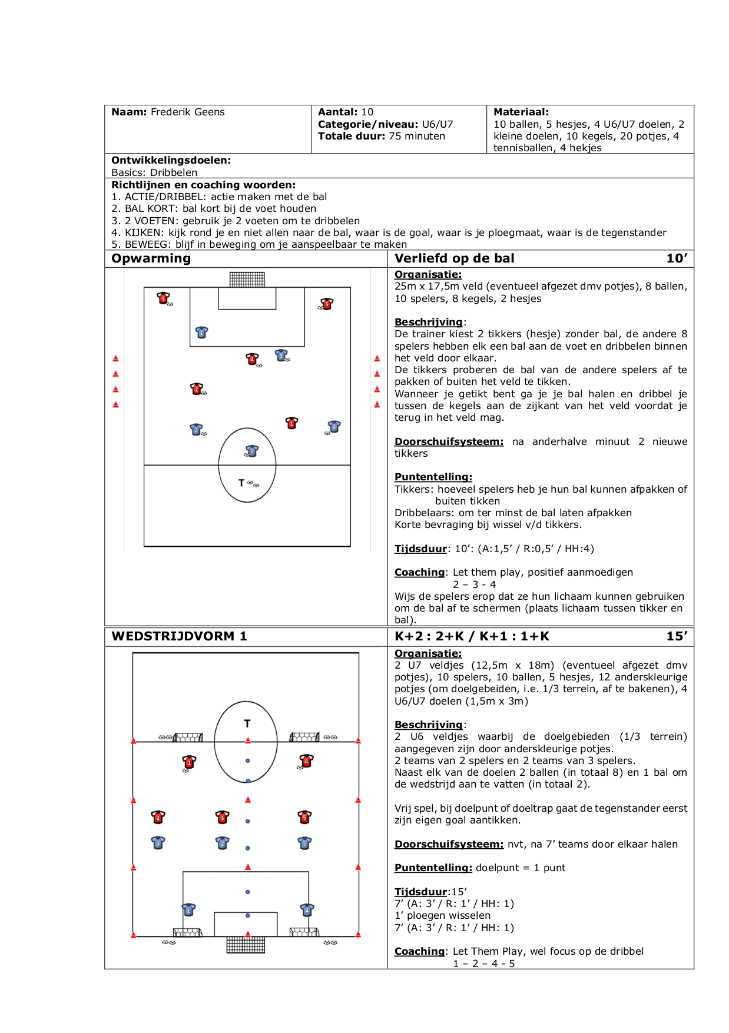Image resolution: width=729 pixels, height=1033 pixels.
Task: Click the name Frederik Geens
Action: point(187,112)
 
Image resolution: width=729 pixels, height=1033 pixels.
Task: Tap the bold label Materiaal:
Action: point(521,112)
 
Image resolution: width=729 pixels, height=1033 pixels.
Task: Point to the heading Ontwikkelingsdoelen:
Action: point(171,160)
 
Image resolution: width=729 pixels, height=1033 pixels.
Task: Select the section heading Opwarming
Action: point(151,258)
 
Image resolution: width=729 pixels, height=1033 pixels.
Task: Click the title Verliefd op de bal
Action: point(455,258)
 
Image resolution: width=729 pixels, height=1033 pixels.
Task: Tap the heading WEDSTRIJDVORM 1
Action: point(179,636)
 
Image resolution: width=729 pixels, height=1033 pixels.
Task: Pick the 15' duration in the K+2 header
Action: point(677,636)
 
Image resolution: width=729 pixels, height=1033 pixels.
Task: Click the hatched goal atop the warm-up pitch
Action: point(247,279)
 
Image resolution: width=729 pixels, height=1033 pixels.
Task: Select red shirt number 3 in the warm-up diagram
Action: point(163,298)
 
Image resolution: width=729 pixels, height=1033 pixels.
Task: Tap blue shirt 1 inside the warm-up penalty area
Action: point(201,333)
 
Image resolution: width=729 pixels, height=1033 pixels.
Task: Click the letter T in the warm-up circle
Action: point(241,483)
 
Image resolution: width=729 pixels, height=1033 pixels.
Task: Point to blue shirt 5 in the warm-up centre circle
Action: point(252,451)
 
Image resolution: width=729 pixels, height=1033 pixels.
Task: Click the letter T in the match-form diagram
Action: point(247,723)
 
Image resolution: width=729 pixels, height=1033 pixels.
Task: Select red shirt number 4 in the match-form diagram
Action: point(306,761)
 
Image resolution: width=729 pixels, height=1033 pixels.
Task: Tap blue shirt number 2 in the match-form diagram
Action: point(222,843)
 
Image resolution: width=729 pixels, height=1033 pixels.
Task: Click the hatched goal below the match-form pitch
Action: point(246,945)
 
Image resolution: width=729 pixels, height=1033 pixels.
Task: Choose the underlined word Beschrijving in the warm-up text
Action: point(429,322)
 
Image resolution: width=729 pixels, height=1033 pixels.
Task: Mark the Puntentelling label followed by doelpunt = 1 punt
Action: point(433,868)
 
